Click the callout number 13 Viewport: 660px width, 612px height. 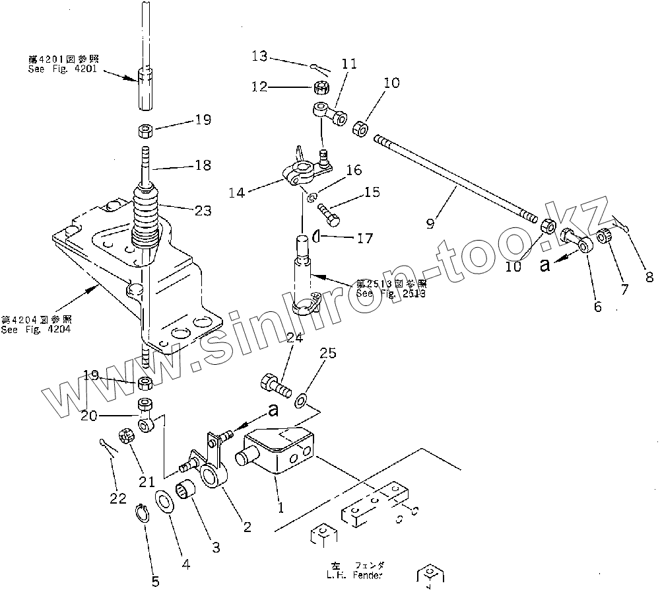point(259,56)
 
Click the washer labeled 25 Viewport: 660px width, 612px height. point(302,399)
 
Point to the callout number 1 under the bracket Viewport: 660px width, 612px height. point(280,508)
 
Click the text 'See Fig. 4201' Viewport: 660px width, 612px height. point(62,69)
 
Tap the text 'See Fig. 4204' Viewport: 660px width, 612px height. point(36,329)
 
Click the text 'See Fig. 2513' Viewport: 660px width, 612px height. point(391,292)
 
